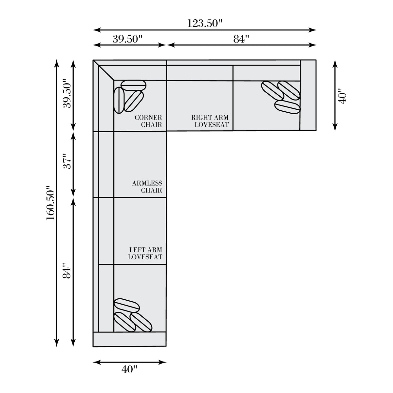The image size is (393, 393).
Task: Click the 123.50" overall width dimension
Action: click(x=204, y=23)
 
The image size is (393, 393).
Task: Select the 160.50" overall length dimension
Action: click(x=50, y=203)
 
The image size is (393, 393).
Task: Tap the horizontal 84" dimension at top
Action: click(x=241, y=39)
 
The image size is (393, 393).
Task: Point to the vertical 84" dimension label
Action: click(x=67, y=271)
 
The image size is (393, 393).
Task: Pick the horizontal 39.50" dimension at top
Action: click(x=127, y=39)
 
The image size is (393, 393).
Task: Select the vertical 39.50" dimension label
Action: click(x=67, y=93)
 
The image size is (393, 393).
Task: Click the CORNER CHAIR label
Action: click(x=148, y=121)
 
